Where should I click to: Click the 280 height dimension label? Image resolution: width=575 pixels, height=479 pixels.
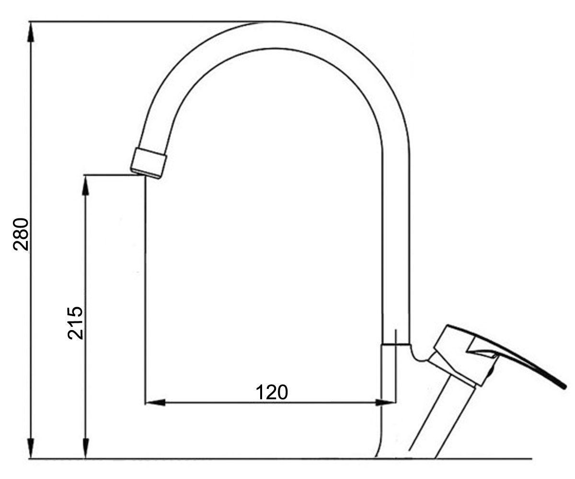21,235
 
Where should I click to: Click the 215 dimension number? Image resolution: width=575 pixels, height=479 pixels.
75,323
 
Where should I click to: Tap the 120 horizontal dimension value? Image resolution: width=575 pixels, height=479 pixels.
272,392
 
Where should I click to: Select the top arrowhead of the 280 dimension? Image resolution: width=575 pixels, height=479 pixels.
31,32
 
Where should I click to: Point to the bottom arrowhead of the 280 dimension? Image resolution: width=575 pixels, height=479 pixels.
31,447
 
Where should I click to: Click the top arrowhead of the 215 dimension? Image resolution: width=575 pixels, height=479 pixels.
86,185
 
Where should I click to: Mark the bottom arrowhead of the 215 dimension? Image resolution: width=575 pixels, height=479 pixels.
86,447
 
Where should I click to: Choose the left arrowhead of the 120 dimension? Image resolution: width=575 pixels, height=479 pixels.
155,402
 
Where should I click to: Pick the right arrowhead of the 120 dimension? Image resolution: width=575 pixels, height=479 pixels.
386,402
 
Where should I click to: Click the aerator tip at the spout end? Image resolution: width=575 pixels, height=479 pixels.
149,163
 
